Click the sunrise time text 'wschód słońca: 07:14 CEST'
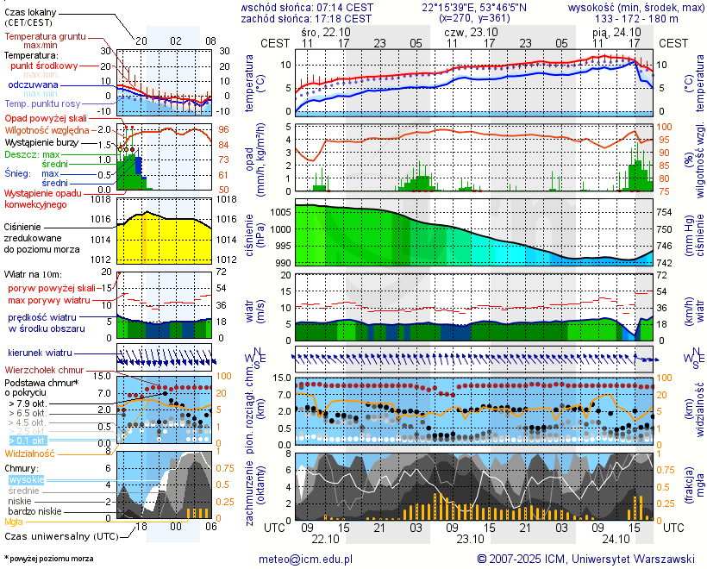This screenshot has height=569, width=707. (306, 7)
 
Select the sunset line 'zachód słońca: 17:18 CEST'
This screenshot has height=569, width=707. (306, 18)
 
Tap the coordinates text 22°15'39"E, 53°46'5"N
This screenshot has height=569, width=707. (475, 7)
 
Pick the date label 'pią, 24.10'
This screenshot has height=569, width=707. (611, 31)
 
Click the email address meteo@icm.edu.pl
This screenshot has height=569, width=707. (306, 559)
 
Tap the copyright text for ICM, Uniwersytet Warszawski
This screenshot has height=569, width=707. (585, 559)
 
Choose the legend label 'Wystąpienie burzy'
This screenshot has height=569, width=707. (40, 141)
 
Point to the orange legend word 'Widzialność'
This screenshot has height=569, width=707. (30, 453)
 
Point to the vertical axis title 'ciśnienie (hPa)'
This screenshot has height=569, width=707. (250, 228)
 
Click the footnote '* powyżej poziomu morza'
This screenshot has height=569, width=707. (48, 559)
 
